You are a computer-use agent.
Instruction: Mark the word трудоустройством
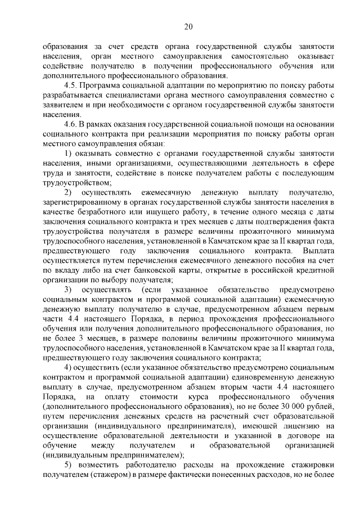click(76, 182)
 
